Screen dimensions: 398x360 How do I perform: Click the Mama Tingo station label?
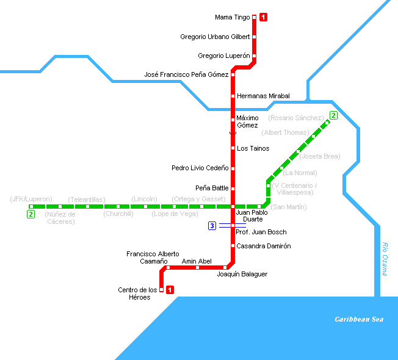click(232, 18)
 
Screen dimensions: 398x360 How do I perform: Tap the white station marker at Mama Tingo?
click(254, 17)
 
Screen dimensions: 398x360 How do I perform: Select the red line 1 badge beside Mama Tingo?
click(263, 17)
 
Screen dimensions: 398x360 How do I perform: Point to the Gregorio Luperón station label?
click(224, 56)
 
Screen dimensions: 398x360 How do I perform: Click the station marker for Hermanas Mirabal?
click(233, 96)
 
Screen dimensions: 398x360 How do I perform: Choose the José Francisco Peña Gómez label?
click(186, 74)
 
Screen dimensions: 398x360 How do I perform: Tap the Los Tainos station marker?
click(233, 148)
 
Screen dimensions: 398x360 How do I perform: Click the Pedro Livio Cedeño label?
click(200, 168)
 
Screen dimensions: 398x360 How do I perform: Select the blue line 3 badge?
click(212, 226)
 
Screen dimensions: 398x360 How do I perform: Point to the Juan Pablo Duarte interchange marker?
click(233, 206)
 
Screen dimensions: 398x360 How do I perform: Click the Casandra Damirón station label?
click(264, 246)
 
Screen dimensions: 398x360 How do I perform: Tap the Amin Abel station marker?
click(197, 268)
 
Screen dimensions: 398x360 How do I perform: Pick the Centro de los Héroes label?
click(137, 293)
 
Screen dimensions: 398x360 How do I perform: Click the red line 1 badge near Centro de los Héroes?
click(170, 290)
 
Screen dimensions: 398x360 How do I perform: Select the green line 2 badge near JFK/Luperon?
click(31, 214)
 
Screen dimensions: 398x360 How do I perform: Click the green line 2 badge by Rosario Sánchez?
click(333, 115)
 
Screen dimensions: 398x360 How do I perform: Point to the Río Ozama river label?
click(385, 259)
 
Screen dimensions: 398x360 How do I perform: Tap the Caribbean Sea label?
click(359, 319)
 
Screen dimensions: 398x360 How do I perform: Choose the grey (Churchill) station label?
click(118, 214)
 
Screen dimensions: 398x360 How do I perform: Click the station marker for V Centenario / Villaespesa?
click(269, 186)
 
